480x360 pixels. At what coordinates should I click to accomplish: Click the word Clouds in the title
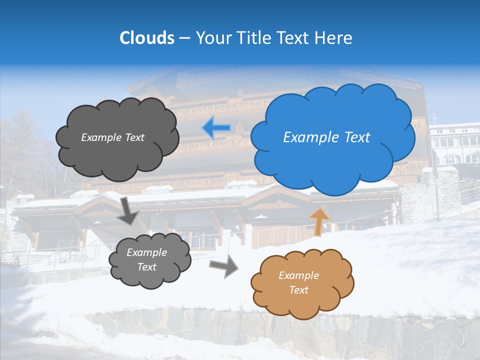click(x=147, y=38)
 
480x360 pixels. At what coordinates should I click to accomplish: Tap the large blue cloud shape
click(x=332, y=155)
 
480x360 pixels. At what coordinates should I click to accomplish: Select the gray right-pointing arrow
click(x=223, y=267)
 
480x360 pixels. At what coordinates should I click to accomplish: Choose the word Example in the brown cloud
click(x=298, y=275)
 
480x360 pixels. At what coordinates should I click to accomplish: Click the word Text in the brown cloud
click(x=298, y=290)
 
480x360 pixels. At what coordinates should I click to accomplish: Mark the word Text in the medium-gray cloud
click(x=147, y=267)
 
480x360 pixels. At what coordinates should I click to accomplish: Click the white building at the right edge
click(x=455, y=145)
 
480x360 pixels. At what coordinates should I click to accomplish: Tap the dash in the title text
click(x=184, y=38)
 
